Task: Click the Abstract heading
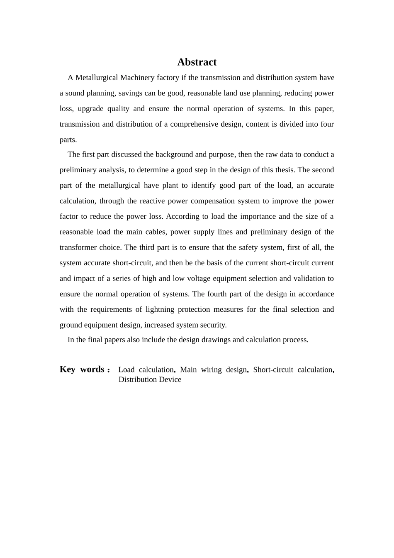click(x=197, y=62)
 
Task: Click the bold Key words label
click(x=85, y=370)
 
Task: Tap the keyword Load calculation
click(x=146, y=370)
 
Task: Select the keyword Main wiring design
click(x=214, y=370)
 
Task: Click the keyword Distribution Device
click(x=150, y=379)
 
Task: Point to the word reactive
click(x=151, y=201)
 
